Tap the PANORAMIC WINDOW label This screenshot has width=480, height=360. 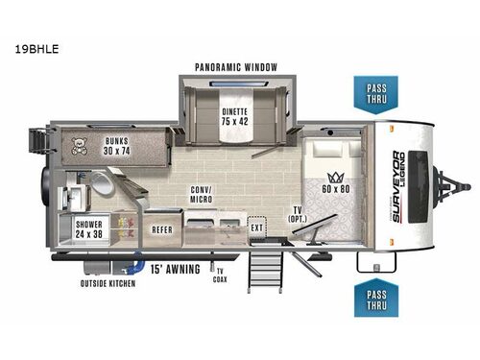point(236,67)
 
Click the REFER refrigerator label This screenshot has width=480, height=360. point(162,229)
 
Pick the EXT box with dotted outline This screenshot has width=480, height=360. point(256,228)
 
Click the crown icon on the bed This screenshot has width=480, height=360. point(336,177)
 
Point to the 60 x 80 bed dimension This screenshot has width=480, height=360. point(336,191)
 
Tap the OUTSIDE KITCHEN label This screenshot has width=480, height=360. point(107,283)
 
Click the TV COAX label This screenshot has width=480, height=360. point(220,276)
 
